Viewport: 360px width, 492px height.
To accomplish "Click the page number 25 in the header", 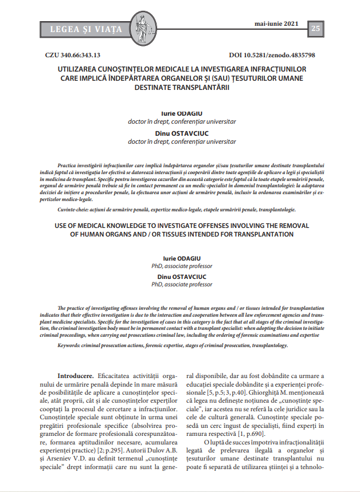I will click(316, 29).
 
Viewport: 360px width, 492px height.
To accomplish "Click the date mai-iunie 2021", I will click(277, 25).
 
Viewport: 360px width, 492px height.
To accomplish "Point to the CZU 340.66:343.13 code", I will click(72, 56).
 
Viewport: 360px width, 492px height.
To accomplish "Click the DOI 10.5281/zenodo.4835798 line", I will click(272, 56).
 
